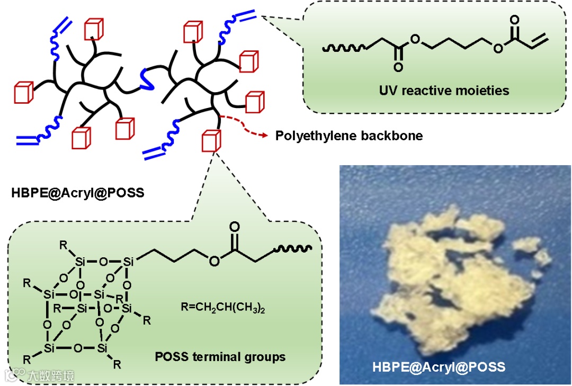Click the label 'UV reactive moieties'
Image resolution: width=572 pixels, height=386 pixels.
point(444,90)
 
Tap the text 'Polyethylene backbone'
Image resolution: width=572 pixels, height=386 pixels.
point(349,136)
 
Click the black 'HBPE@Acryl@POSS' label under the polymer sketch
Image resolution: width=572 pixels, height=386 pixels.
point(77,193)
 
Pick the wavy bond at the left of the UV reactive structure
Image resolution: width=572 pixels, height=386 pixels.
point(343,49)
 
